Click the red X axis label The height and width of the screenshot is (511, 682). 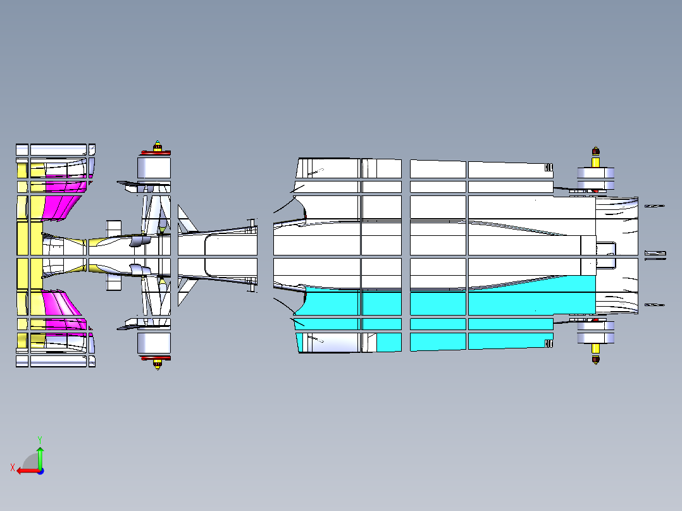click(13, 468)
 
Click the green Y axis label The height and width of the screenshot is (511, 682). click(40, 440)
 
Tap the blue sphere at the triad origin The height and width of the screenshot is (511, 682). click(40, 471)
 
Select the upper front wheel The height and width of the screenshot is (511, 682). click(154, 168)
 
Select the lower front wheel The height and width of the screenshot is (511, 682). click(154, 343)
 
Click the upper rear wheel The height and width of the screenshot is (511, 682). click(595, 179)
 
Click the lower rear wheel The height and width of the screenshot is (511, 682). click(595, 333)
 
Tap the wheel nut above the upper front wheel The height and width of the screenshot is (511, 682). click(158, 145)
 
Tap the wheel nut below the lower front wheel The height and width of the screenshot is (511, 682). click(158, 364)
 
